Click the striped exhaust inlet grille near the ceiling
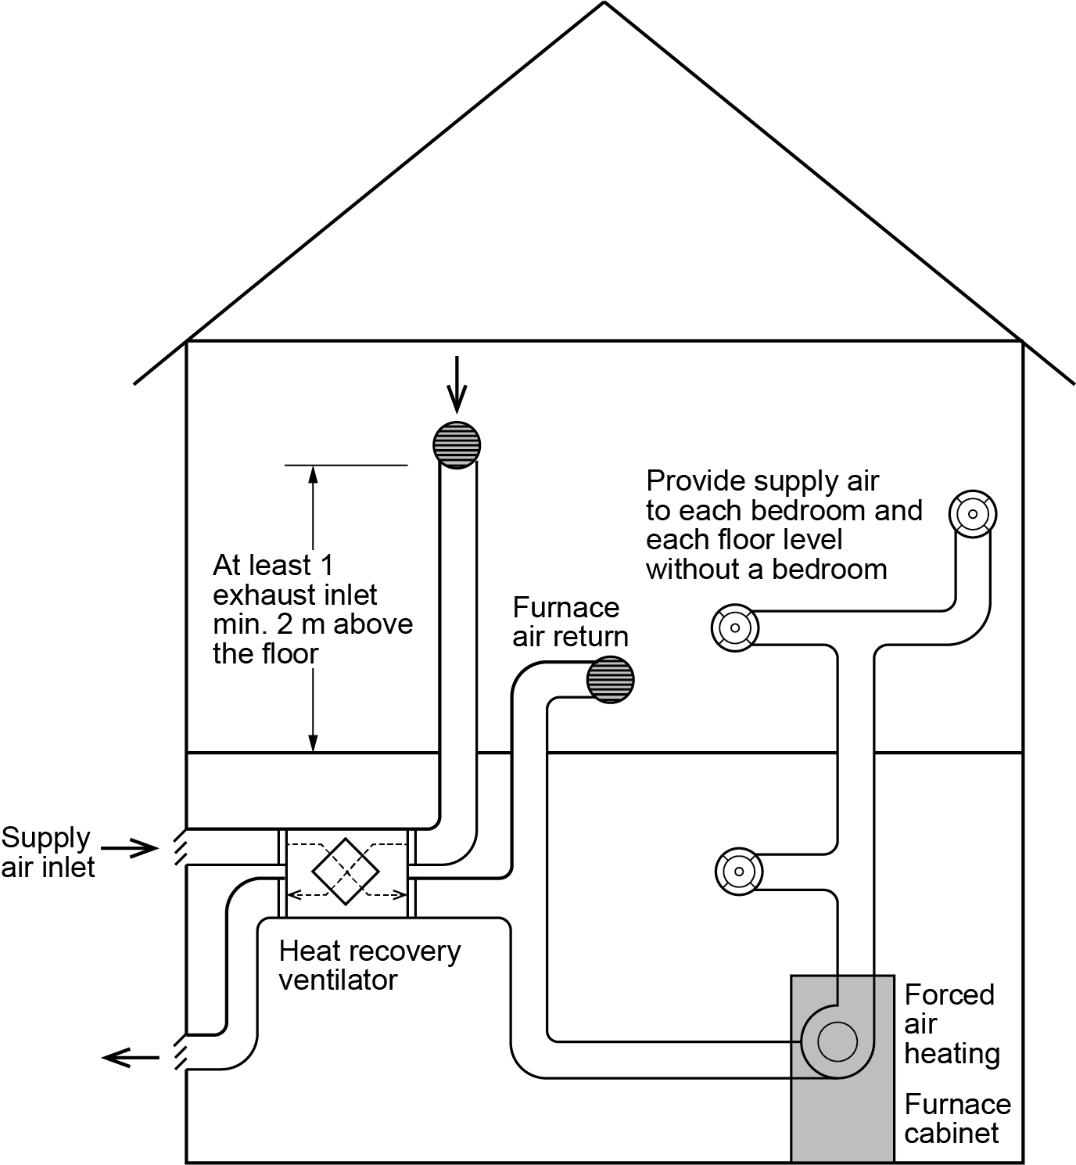click(457, 444)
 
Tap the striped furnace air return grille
click(610, 679)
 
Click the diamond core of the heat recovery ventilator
click(345, 871)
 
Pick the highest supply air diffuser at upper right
click(973, 514)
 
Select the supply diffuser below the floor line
click(739, 871)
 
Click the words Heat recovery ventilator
click(369, 965)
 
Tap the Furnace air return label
click(570, 622)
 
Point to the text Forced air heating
click(952, 1024)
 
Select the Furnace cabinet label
click(957, 1119)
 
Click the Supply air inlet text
click(47, 852)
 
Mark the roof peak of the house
click(604, 4)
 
